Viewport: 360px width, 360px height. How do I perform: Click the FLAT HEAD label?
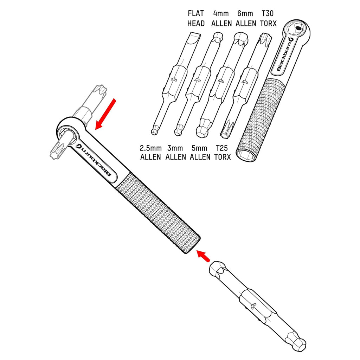point(196,19)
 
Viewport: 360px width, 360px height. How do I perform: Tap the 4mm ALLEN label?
point(221,19)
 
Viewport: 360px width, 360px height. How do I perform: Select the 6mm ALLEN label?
point(246,19)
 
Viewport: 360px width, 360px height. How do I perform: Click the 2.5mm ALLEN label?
point(150,152)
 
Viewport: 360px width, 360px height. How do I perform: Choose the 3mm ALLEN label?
point(175,152)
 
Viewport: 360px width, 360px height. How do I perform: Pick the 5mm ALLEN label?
point(200,152)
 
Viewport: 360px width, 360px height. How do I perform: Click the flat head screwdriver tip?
point(194,37)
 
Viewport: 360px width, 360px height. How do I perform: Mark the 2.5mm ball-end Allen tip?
point(154,131)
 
